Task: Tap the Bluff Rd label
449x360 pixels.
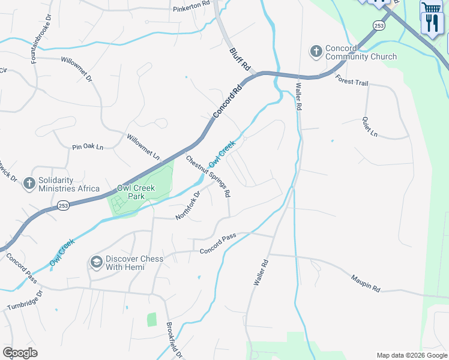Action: tap(240, 61)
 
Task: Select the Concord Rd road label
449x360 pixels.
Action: tap(228, 102)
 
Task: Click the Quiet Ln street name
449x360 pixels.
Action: tap(369, 126)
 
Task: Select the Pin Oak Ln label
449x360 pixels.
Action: tap(88, 146)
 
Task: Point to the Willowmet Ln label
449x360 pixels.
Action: tap(143, 146)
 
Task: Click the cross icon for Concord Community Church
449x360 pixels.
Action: tap(316, 52)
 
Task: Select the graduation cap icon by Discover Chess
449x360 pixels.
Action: tap(96, 262)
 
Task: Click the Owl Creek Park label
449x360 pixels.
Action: tap(136, 192)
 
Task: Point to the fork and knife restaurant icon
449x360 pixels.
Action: tap(432, 23)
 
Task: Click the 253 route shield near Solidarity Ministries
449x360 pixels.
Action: tap(64, 206)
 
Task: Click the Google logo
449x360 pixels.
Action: tap(20, 353)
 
